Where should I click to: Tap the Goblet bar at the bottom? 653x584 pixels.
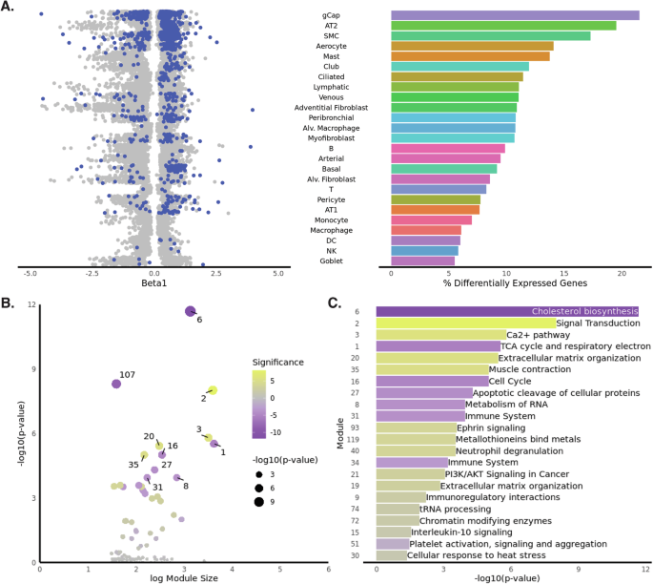coord(422,261)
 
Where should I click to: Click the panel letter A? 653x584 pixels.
coord(8,9)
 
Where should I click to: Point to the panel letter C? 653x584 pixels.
coord(334,303)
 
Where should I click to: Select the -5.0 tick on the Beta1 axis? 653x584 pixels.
coord(31,273)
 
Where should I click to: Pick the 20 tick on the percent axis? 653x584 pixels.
coord(621,273)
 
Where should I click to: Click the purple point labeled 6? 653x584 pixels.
coord(190,311)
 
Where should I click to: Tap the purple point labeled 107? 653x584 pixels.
coord(116,384)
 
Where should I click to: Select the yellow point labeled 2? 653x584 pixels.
coord(213,390)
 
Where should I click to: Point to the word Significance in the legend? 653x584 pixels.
coord(277,363)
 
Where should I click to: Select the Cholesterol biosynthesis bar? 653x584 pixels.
coord(507,311)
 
